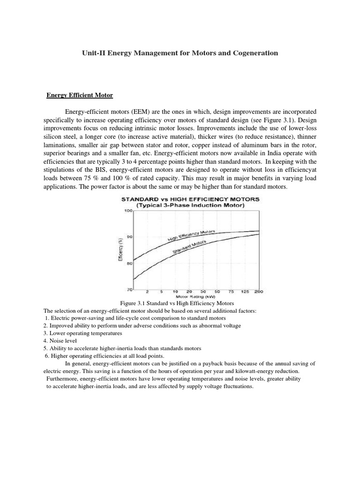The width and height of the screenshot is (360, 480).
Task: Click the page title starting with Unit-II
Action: coord(180,53)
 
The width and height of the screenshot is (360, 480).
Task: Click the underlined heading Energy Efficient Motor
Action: coord(80,95)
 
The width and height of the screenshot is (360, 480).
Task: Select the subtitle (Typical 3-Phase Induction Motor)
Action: coord(192,205)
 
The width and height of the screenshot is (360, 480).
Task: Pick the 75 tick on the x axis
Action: coord(231,292)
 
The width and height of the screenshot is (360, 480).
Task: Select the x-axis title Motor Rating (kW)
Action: coord(192,297)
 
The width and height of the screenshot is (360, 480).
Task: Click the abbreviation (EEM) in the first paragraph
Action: coord(132,112)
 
